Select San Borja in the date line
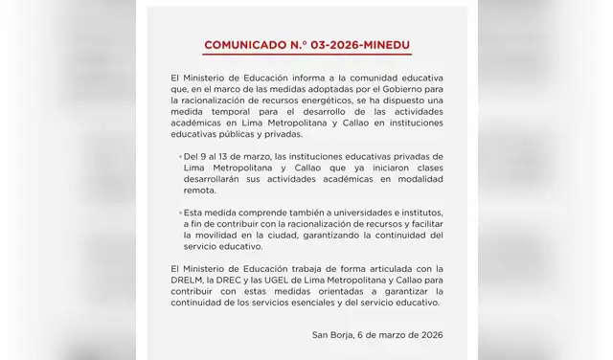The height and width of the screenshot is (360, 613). click(x=332, y=333)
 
